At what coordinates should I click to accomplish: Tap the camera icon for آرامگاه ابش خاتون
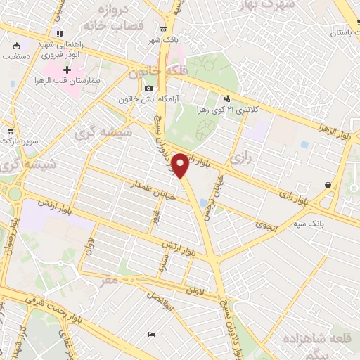click(x=148, y=88)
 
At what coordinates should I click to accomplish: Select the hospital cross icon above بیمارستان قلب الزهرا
click(x=67, y=70)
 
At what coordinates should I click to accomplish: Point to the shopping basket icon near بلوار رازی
click(x=328, y=185)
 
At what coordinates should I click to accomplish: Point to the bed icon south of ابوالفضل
click(x=152, y=334)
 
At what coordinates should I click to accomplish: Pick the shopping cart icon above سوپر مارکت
click(x=11, y=131)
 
